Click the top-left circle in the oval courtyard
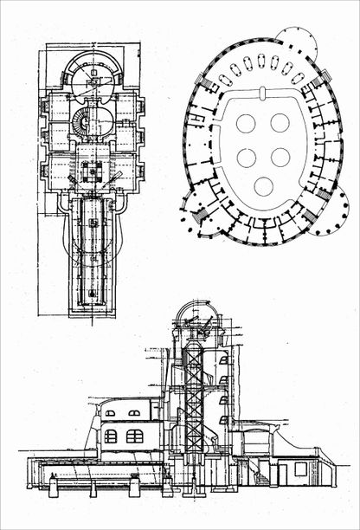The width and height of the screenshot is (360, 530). (x=246, y=124)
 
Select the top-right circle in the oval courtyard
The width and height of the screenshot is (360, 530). (x=279, y=123)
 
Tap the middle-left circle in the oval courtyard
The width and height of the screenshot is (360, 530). (x=247, y=158)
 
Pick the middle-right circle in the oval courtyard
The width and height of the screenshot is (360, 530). (x=280, y=157)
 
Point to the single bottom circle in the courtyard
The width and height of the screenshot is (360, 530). (x=264, y=186)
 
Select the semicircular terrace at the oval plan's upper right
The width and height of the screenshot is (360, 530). (x=296, y=42)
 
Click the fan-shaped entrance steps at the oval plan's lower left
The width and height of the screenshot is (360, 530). (x=195, y=209)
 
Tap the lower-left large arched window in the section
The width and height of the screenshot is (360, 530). (x=111, y=436)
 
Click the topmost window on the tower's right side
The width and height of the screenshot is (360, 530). (x=224, y=359)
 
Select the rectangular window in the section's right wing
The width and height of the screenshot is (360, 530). (x=299, y=469)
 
